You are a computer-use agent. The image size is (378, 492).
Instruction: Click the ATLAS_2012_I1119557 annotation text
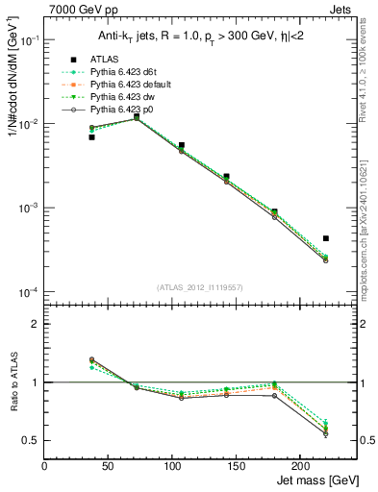pyautogui.click(x=199, y=287)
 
